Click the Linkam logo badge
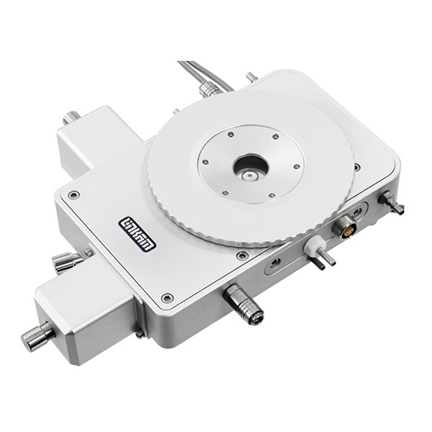click(138, 234)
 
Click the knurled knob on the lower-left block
click(37, 336)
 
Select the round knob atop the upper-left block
click(72, 117)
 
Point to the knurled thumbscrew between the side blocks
click(66, 262)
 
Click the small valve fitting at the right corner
click(391, 202)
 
